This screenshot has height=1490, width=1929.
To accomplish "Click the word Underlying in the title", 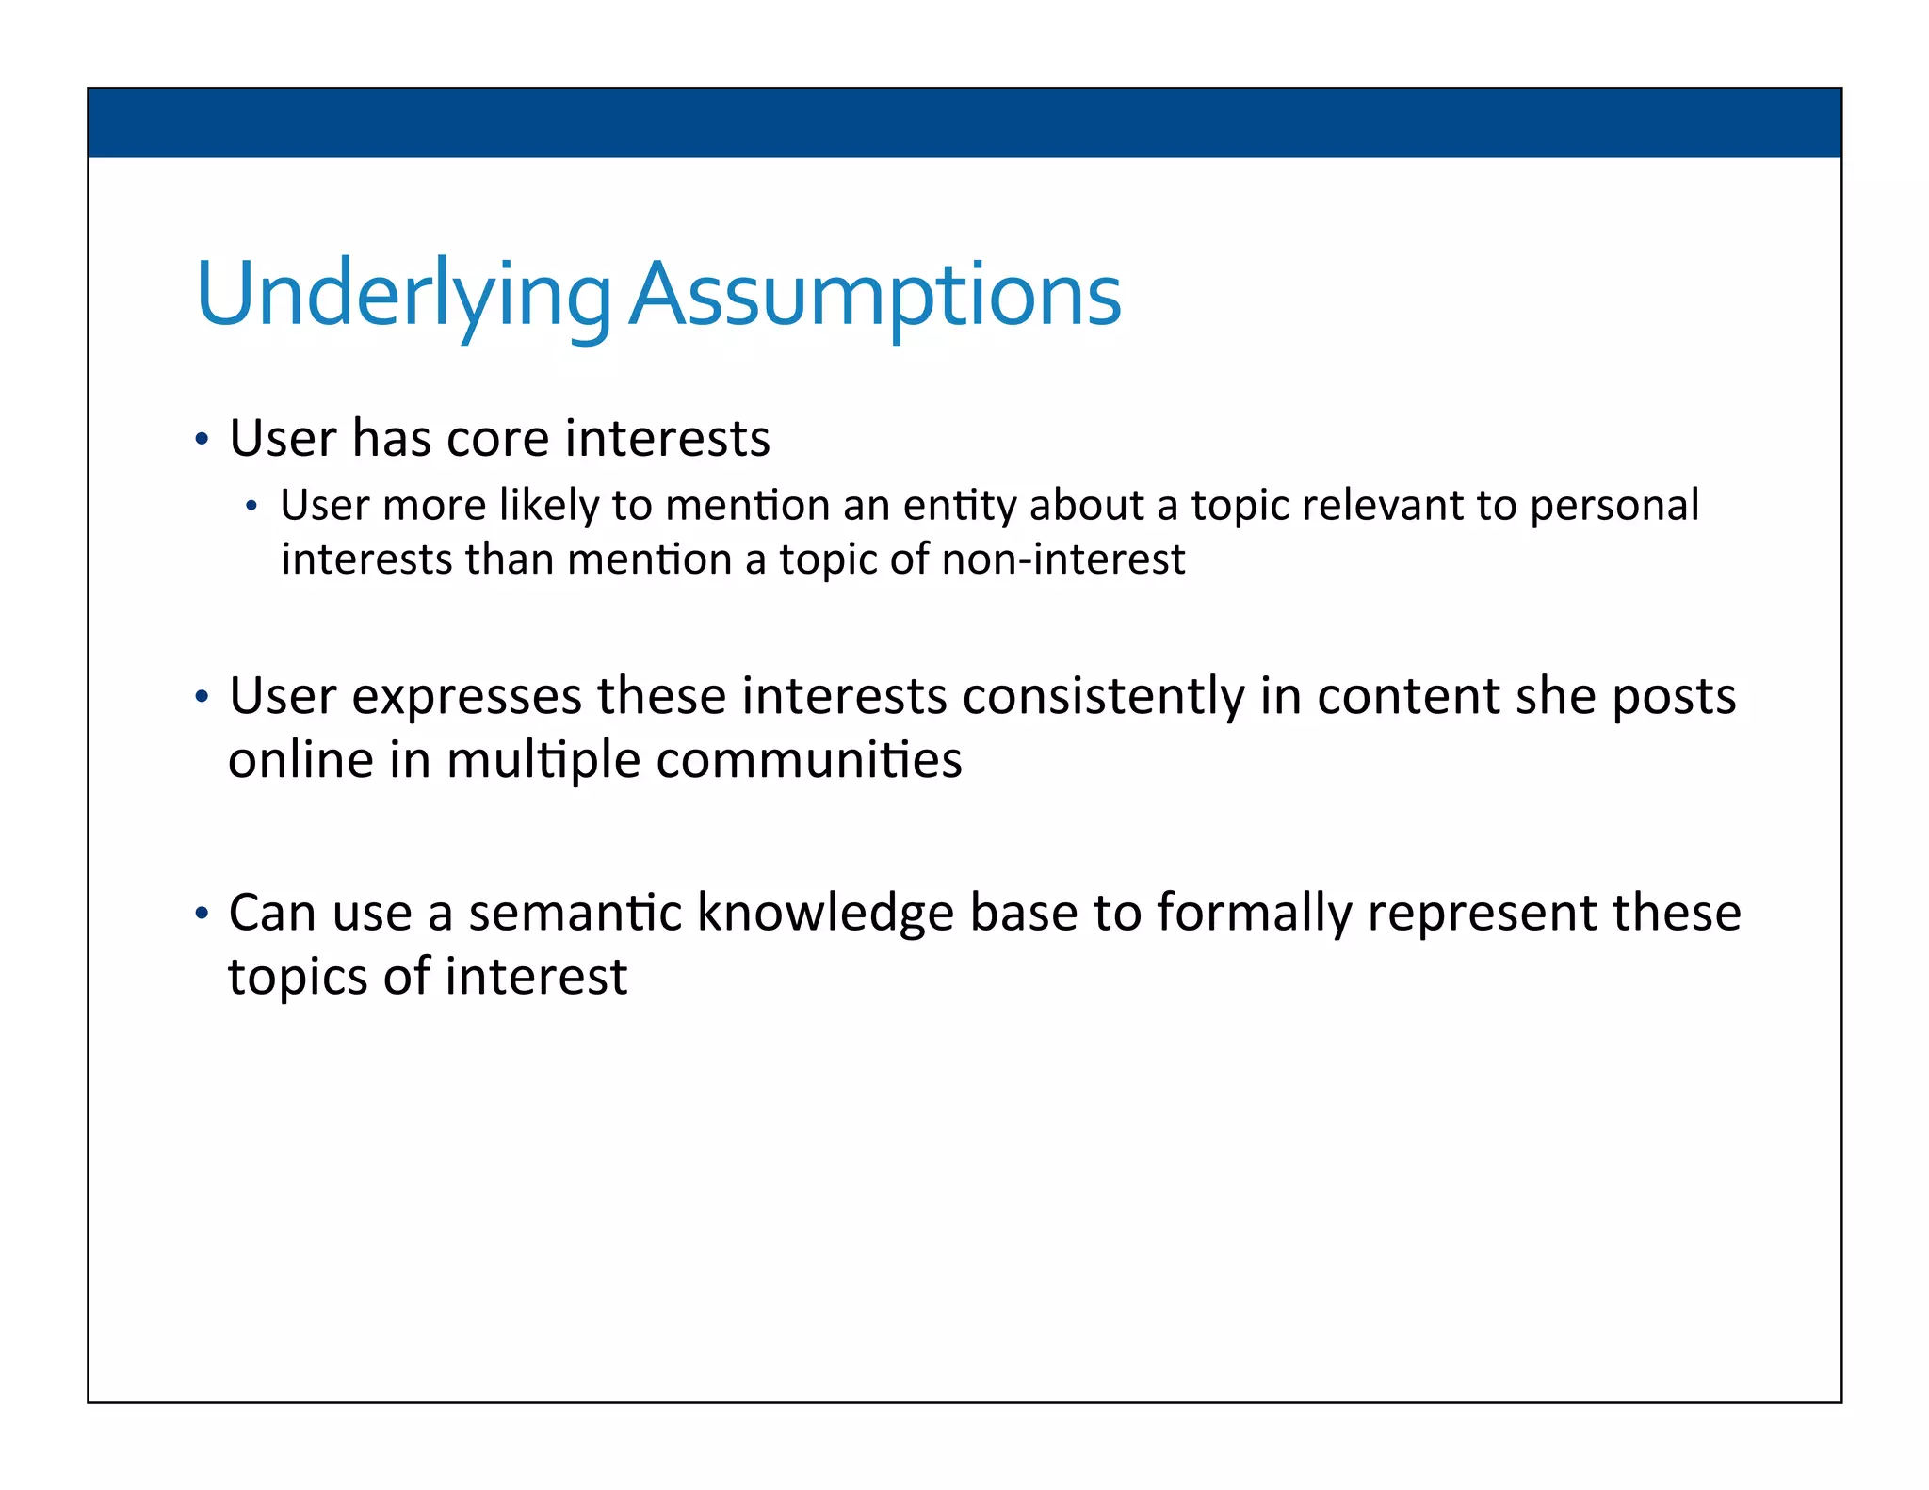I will [x=403, y=296].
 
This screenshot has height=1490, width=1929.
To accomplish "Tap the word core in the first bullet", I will [x=497, y=439].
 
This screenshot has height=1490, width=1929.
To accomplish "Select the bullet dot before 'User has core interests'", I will [x=201, y=440].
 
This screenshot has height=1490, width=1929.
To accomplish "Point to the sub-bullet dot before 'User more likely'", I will [x=251, y=508].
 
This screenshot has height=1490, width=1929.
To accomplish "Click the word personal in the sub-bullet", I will [x=1613, y=506].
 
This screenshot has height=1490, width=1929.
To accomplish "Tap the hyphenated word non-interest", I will [x=1062, y=559].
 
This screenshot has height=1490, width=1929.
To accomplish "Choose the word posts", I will [x=1674, y=698].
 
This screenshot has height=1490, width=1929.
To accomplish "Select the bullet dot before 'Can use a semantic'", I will [x=201, y=914].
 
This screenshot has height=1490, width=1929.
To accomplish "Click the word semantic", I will [x=575, y=914].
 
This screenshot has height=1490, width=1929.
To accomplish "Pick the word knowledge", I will [x=825, y=914].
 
